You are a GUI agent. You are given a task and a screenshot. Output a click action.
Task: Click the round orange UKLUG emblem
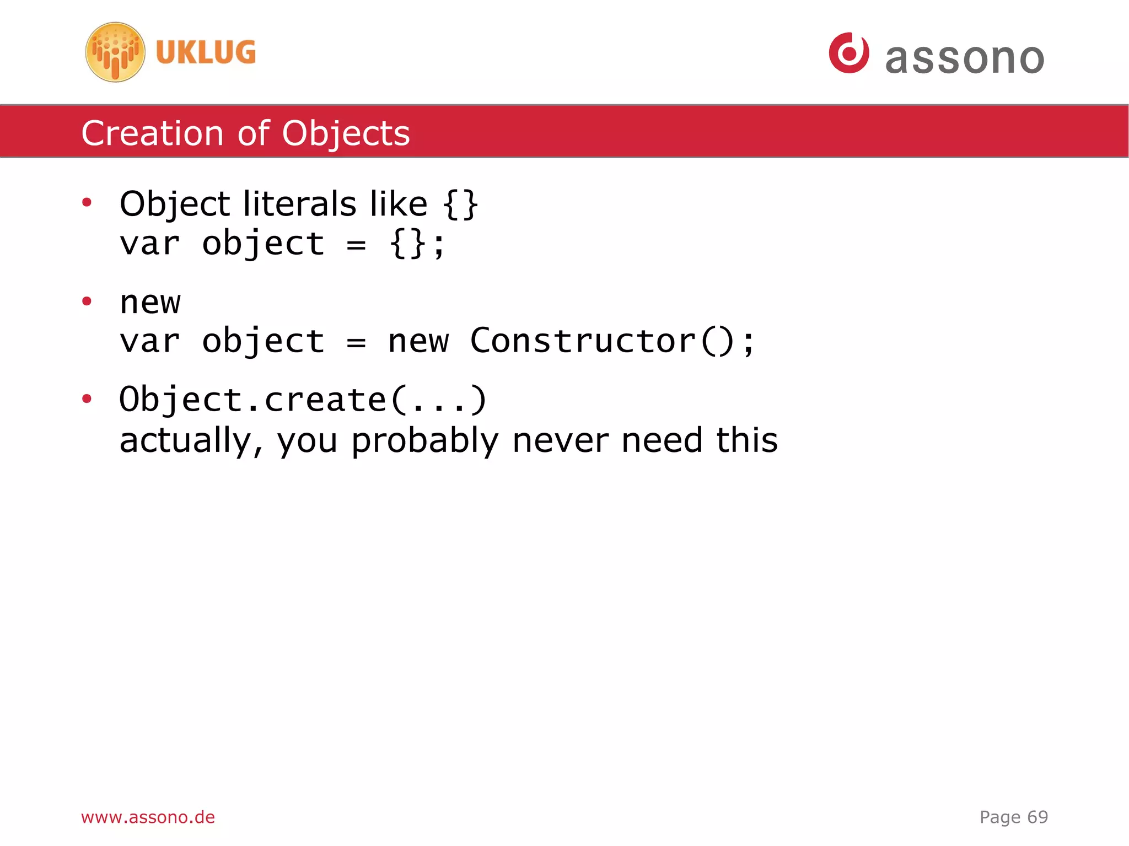point(115,52)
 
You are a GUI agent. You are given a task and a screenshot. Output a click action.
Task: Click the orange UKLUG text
point(206,52)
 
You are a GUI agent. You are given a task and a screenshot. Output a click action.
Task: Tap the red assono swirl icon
point(849,53)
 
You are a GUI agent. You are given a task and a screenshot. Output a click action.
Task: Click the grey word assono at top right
point(964,58)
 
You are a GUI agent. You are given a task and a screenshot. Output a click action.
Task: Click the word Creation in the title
point(152,133)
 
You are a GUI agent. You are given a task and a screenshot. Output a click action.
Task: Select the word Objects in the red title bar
point(346,134)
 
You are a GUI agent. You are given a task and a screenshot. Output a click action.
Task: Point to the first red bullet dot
point(87,203)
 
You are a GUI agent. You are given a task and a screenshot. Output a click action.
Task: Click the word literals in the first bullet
point(300,204)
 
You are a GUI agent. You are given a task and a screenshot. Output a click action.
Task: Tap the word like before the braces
point(399,204)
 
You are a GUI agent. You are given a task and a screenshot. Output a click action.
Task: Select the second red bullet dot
point(87,301)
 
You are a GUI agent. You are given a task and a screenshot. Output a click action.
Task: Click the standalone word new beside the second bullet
point(150,302)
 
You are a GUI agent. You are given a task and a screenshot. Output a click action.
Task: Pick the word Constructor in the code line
point(583,341)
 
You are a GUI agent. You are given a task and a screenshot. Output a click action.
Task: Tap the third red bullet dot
point(87,398)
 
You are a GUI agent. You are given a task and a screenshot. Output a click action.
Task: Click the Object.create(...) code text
point(303,400)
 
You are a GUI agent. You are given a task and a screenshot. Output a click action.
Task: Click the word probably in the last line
point(425,441)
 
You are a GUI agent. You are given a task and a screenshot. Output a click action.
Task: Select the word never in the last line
point(560,441)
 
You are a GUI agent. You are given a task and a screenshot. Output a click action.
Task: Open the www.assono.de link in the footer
point(148,817)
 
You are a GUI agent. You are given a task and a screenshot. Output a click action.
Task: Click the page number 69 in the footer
point(1037,817)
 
